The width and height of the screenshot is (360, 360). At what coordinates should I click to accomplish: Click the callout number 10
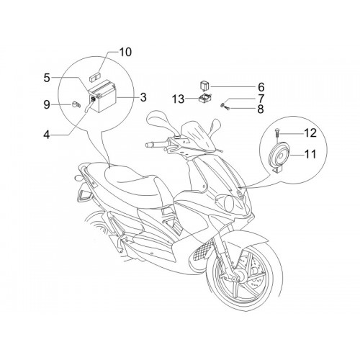(x=125, y=52)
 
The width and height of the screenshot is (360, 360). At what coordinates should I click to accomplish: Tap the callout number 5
(x=47, y=78)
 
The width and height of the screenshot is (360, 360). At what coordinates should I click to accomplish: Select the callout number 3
(x=143, y=97)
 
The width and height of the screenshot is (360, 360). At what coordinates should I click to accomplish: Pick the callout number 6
(x=261, y=87)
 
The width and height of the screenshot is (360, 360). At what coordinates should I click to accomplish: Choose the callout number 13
(x=179, y=99)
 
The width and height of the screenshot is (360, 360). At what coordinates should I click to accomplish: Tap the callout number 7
(x=261, y=99)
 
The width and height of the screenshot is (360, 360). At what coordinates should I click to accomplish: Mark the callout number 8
(x=261, y=109)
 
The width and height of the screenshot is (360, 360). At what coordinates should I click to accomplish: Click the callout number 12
(x=310, y=132)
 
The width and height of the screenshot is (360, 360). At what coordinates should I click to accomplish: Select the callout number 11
(x=310, y=154)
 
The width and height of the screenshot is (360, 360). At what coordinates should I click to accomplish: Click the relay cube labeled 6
(x=204, y=86)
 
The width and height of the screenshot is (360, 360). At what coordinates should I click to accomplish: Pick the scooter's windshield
(x=197, y=136)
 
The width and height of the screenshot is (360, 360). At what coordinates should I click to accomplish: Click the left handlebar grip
(x=150, y=145)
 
